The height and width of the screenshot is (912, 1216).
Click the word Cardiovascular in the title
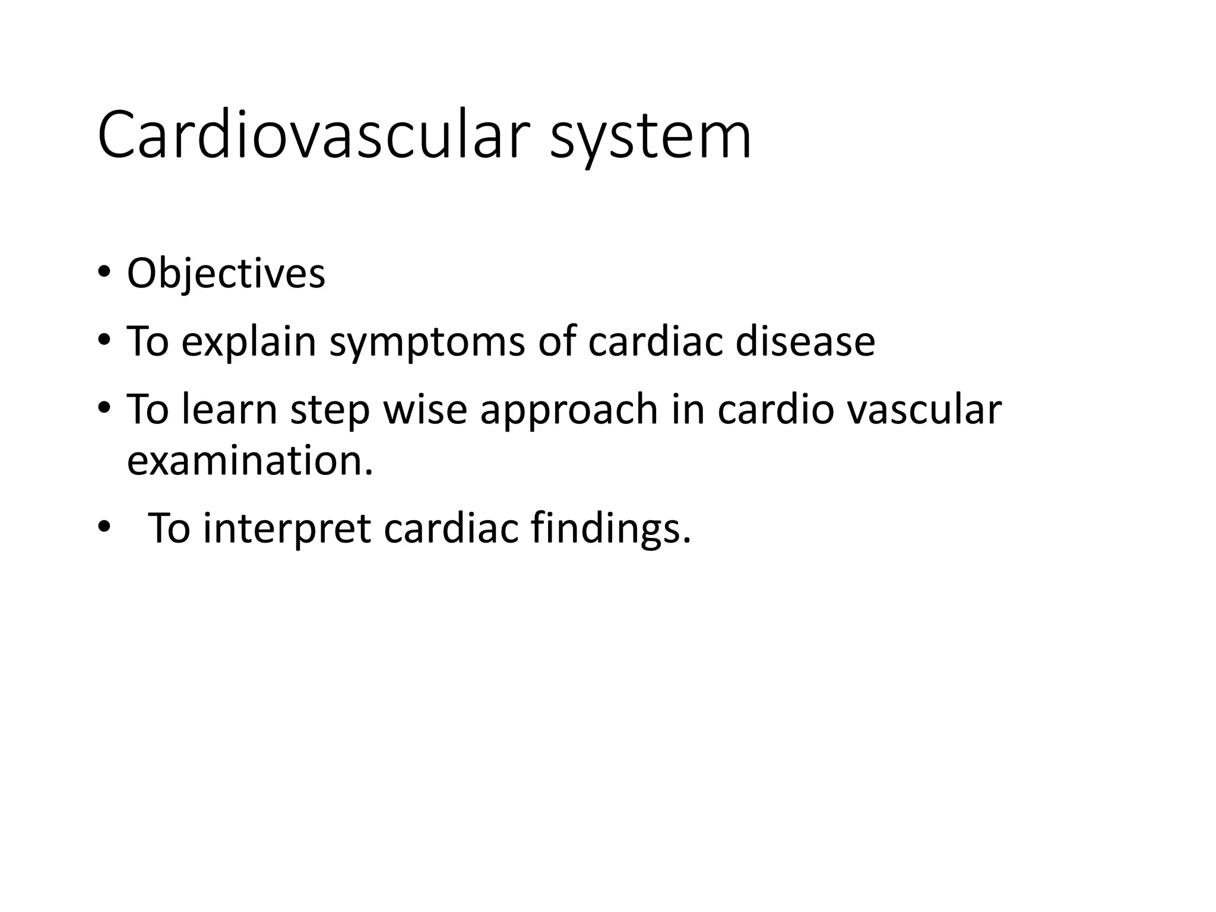click(313, 136)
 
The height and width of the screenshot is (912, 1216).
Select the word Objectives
click(226, 274)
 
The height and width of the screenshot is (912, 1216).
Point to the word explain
click(249, 343)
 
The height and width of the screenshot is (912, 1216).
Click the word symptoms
click(427, 343)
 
